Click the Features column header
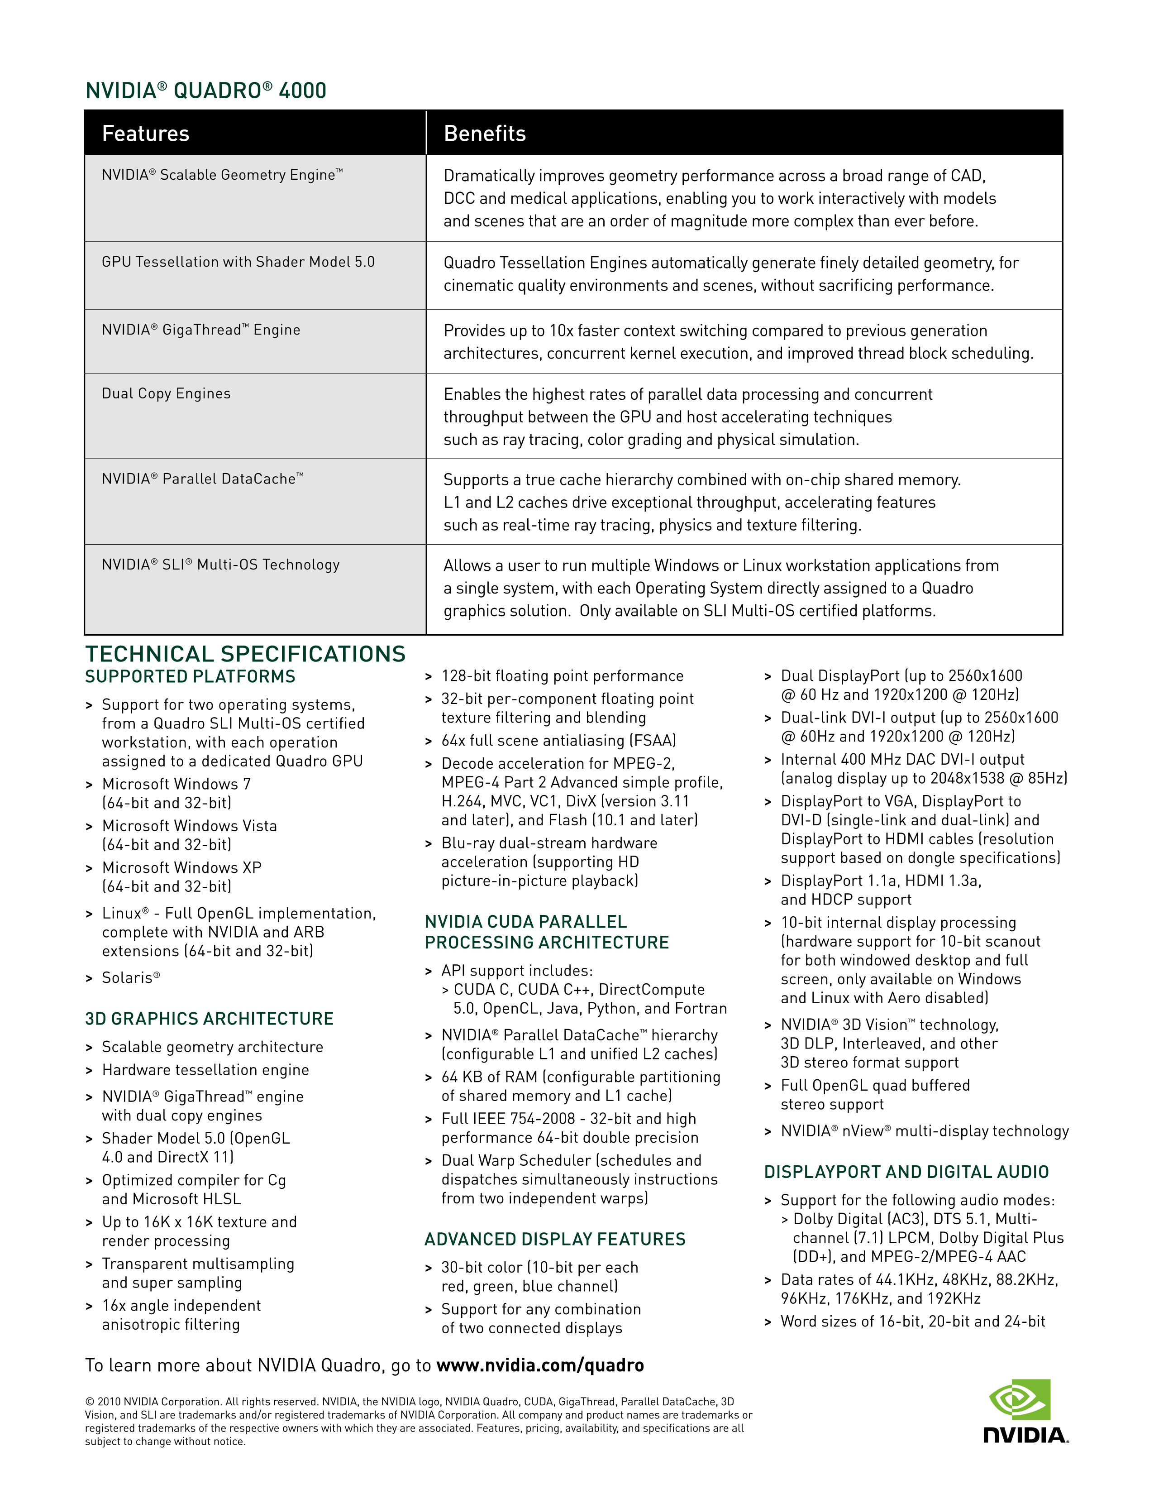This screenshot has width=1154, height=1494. [146, 134]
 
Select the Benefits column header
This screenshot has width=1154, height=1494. [485, 134]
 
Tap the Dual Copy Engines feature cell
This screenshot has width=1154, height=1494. [166, 393]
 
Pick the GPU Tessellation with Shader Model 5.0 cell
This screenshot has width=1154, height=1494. [238, 262]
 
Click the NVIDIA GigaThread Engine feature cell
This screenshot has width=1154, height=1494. [201, 330]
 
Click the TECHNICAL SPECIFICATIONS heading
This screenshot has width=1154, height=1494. [245, 654]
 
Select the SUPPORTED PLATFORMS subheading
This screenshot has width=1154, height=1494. [190, 676]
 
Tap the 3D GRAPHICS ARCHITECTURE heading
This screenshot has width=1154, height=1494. [209, 1019]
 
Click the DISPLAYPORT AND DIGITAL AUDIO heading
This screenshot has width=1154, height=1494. [906, 1172]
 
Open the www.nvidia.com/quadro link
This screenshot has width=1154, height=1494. [539, 1365]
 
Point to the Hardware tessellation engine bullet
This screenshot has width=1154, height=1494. [205, 1070]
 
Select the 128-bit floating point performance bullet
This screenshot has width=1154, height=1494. [562, 676]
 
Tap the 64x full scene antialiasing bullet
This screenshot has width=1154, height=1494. [558, 740]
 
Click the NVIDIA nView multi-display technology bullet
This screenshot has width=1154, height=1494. [924, 1131]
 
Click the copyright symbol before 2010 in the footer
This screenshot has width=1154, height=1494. [89, 1402]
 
